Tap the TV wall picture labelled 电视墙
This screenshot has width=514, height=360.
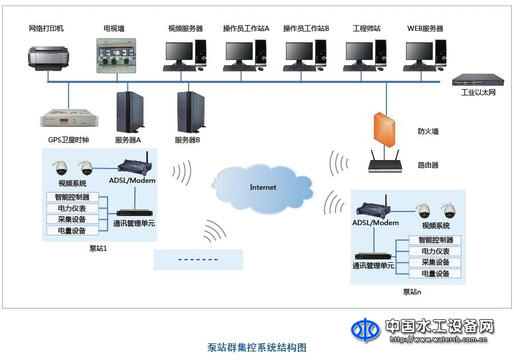pos(116,55)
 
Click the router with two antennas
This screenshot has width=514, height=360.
pos(385,163)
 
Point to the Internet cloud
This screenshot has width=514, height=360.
pos(264,187)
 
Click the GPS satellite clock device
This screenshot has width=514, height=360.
pos(69,120)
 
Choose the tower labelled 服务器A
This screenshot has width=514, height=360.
pos(129,112)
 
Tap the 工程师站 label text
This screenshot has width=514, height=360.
pos(366,29)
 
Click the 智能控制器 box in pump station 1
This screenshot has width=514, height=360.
pos(73,198)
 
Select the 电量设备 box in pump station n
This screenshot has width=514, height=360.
pos(435,274)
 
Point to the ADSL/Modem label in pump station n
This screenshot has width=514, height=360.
pos(376,223)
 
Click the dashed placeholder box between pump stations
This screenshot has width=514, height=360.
pos(198,259)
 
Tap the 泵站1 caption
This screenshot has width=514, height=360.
pos(98,249)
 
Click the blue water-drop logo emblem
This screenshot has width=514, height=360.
pos(365,330)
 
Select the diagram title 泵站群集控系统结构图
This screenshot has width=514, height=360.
pos(257,347)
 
